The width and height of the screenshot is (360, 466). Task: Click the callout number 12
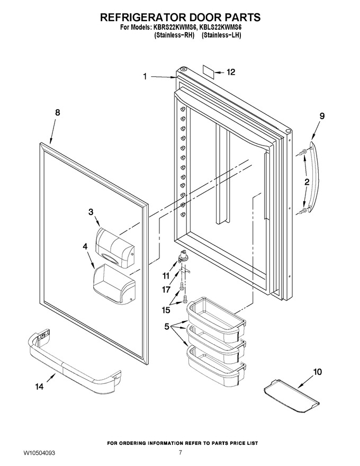click(x=231, y=72)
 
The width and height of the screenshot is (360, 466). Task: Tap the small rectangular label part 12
click(x=208, y=71)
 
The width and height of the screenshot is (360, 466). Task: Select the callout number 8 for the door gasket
click(x=58, y=112)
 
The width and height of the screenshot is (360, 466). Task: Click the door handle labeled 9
click(x=312, y=177)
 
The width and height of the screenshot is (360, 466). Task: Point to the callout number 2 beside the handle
click(x=307, y=182)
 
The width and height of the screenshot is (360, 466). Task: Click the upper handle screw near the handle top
click(x=301, y=152)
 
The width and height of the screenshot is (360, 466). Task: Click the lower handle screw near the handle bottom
click(x=301, y=211)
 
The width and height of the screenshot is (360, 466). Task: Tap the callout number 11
click(x=166, y=276)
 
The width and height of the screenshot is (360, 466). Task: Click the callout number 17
click(x=166, y=289)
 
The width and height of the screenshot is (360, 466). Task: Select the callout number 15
click(x=166, y=310)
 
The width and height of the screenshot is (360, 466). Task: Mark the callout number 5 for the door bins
click(x=167, y=327)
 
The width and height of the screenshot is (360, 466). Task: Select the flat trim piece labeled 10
click(x=291, y=396)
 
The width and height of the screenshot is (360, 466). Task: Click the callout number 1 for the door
click(x=145, y=77)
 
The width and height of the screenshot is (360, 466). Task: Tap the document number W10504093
click(x=39, y=453)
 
